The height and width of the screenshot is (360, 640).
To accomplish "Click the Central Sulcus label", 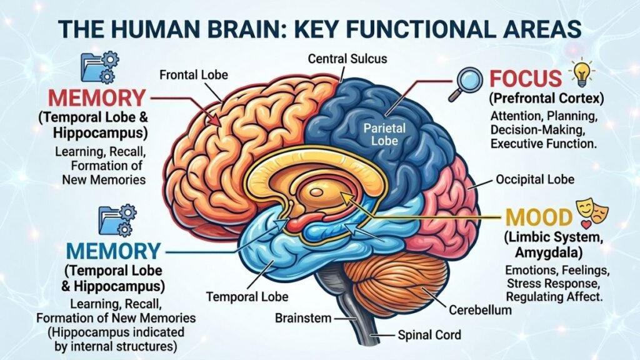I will pos(347,59).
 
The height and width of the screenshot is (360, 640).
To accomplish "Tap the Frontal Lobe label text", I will pos(194,75).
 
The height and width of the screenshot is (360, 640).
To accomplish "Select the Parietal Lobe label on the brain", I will pos(386,134).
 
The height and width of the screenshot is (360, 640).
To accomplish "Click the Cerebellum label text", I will pos(481,309).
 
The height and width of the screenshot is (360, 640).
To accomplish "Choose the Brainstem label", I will pos(303,318).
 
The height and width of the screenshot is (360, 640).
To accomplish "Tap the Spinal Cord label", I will pos(429,335).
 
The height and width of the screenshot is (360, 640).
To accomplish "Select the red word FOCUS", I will pos(525,79).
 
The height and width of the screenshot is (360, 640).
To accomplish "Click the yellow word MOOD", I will pos(539,217).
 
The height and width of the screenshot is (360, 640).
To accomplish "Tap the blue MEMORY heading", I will pos(113,251).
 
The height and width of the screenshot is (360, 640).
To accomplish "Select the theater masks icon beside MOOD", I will pos(593,211).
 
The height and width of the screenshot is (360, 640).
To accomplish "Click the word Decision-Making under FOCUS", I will pos(537,130).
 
